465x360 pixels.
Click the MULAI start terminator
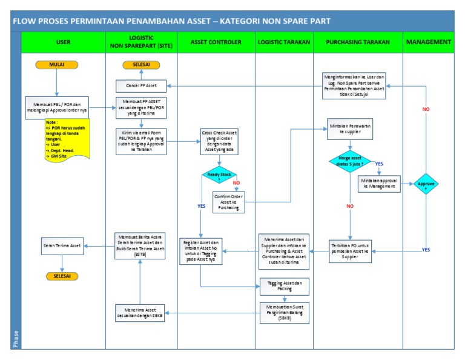[x=56, y=64]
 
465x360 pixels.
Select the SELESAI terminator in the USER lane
[x=62, y=276]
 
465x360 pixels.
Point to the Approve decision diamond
[x=424, y=184]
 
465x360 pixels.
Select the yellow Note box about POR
[x=66, y=139]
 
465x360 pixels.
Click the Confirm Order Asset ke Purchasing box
[x=229, y=202]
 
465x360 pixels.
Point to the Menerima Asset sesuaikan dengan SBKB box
[x=140, y=313]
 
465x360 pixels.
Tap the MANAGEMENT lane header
[x=429, y=42]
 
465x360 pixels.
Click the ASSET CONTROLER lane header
[x=216, y=42]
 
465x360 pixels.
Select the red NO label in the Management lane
[x=426, y=110]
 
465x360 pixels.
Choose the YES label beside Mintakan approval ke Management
[x=379, y=164]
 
